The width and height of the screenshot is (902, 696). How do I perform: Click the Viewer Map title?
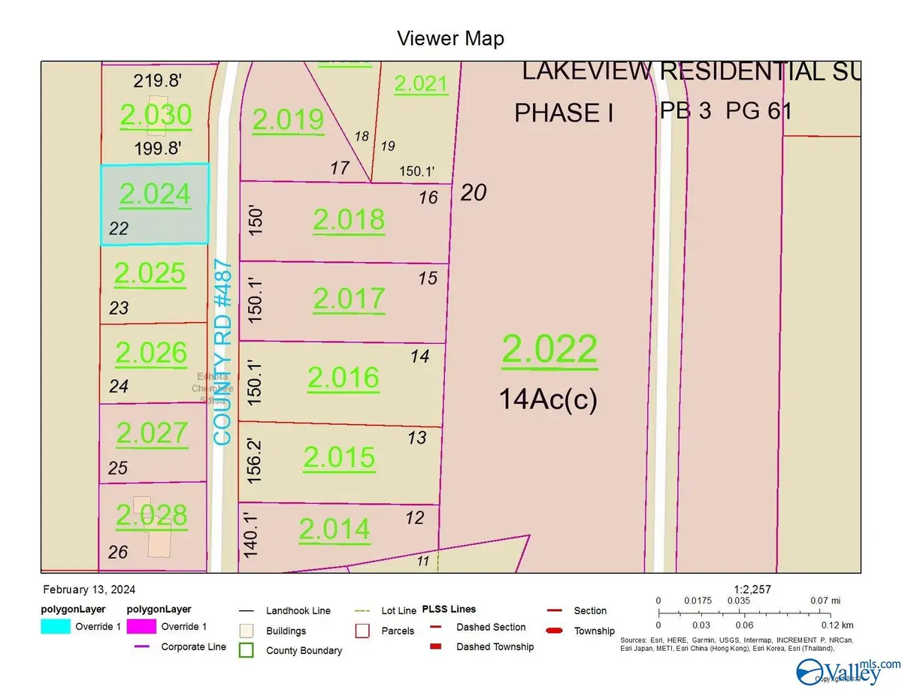click(x=451, y=38)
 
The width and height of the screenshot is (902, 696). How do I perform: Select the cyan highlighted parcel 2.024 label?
click(x=154, y=195)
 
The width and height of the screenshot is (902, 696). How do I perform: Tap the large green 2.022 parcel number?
click(x=549, y=350)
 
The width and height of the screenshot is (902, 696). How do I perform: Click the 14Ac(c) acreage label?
click(x=548, y=399)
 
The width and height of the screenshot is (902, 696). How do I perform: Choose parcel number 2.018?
click(x=349, y=220)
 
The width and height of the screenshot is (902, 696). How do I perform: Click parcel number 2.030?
click(x=156, y=116)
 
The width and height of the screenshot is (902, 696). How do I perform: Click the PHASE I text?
click(x=564, y=113)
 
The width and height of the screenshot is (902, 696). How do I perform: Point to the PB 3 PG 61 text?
click(x=725, y=111)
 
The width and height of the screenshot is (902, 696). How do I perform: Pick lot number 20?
click(x=474, y=193)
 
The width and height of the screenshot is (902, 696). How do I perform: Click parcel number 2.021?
click(x=421, y=84)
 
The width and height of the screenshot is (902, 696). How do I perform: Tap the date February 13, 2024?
click(x=89, y=590)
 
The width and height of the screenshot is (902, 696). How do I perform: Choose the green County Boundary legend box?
click(x=247, y=649)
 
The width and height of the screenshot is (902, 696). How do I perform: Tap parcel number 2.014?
click(x=334, y=530)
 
